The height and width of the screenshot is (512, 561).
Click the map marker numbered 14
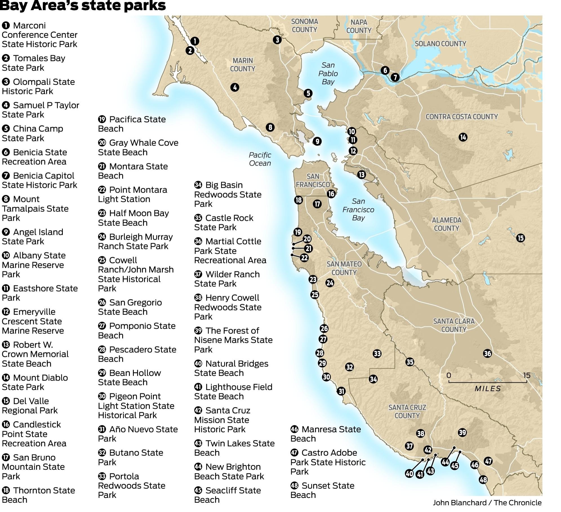[463, 137]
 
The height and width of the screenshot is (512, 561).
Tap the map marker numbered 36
[487, 353]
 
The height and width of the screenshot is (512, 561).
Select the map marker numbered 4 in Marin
[235, 87]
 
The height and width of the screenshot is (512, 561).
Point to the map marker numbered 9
[317, 141]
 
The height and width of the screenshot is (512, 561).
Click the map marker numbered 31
[341, 391]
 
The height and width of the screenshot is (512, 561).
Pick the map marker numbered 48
[483, 479]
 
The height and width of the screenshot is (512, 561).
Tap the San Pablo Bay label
[328, 74]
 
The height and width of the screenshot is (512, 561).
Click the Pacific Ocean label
[260, 159]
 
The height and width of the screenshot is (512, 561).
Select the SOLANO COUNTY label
[440, 44]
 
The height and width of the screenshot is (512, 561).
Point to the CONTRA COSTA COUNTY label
[462, 117]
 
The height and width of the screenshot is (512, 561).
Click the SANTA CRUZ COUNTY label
[407, 411]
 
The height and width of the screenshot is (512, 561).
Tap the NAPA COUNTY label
[359, 26]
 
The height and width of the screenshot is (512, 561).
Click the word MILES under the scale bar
[487, 389]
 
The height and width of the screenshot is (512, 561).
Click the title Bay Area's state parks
[83, 6]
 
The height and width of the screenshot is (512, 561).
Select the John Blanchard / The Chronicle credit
[487, 503]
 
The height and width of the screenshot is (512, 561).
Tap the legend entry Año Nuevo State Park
[138, 434]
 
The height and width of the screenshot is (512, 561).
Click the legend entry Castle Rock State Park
[224, 222]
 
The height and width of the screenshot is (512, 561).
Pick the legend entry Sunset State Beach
[322, 490]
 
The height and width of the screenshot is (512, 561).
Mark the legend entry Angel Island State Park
[32, 237]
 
